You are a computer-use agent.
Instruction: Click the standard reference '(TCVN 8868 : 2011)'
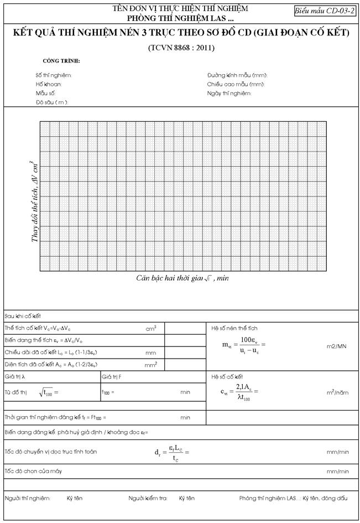pos(181,48)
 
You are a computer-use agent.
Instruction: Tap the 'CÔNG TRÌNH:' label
pos(61,60)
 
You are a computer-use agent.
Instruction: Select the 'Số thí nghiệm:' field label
pos(54,75)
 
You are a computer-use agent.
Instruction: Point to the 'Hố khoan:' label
pos(49,84)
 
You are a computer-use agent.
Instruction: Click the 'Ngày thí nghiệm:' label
pos(229,94)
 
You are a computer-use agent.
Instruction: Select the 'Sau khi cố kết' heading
pos(23,316)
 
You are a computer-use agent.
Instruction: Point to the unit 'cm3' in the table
pos(150,328)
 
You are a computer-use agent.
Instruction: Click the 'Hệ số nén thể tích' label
pos(234,328)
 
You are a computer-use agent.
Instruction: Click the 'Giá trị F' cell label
pos(112,376)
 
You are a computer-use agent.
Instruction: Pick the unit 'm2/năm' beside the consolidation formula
pos(337,392)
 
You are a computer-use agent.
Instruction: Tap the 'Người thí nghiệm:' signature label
pos(27,498)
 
